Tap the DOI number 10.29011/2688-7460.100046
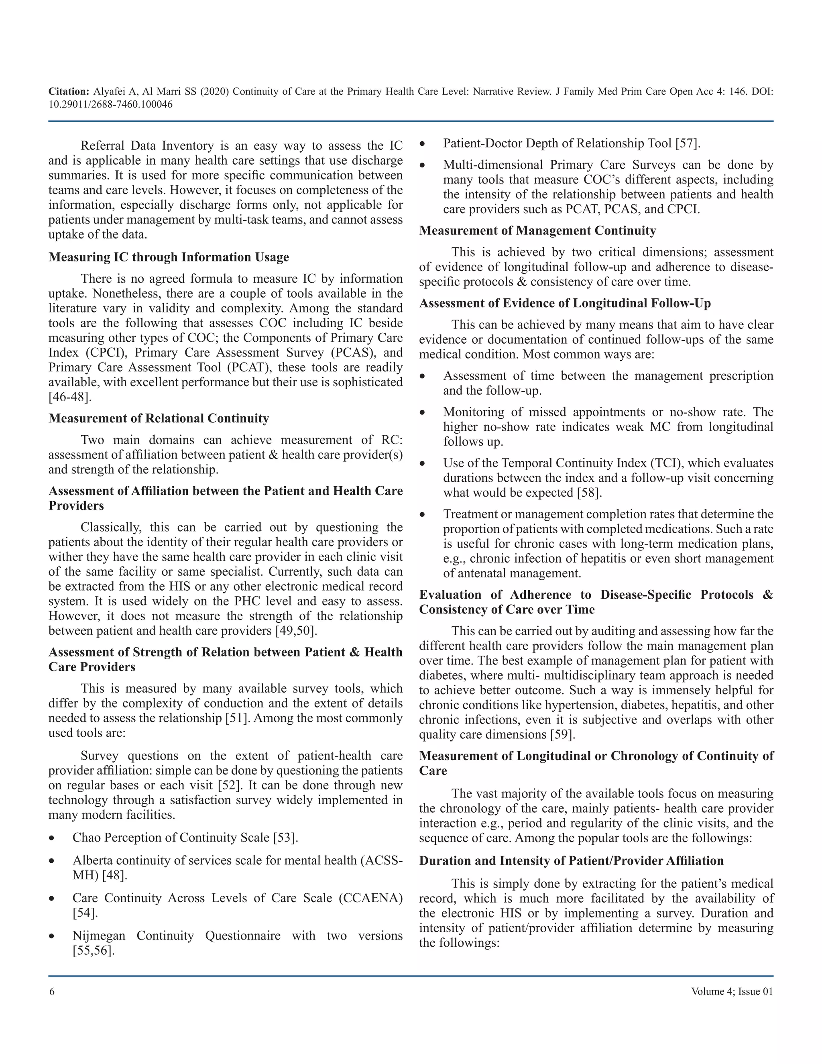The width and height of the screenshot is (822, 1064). pyautogui.click(x=110, y=104)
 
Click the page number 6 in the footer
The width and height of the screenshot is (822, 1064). pyautogui.click(x=52, y=991)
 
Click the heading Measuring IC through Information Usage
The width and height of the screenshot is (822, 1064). pyautogui.click(x=169, y=257)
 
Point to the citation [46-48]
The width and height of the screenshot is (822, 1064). pyautogui.click(x=69, y=397)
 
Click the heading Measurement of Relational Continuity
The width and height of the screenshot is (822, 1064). pyautogui.click(x=159, y=418)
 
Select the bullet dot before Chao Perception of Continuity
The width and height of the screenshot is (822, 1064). pyautogui.click(x=52, y=838)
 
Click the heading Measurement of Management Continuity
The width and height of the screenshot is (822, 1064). pyautogui.click(x=537, y=230)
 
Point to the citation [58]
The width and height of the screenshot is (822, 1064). pyautogui.click(x=589, y=493)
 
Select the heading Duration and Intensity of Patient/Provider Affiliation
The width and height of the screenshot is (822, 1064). pyautogui.click(x=571, y=860)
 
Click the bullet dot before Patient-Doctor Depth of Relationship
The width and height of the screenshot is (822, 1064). pyautogui.click(x=423, y=144)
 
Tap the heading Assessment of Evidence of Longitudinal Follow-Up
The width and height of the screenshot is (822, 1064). pyautogui.click(x=565, y=303)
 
